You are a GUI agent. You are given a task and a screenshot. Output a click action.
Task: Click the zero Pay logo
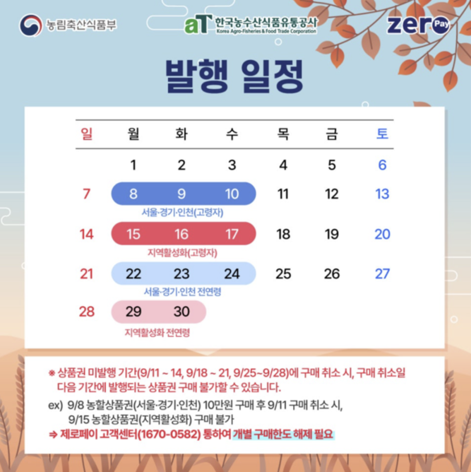[x=418, y=25]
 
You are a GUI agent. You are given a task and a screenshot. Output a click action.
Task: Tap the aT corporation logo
[x=250, y=24]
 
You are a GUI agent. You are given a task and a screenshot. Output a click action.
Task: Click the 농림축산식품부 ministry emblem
[x=31, y=25]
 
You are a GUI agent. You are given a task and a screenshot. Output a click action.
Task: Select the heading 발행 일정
[x=234, y=76]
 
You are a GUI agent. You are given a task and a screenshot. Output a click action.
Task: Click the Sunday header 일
[x=86, y=134]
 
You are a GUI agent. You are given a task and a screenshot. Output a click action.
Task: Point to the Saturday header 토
[x=382, y=134]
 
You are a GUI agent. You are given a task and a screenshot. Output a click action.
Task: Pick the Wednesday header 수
[x=232, y=134]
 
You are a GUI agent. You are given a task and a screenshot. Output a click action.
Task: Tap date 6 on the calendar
[x=382, y=165]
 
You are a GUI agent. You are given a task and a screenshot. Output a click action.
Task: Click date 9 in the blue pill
[x=181, y=194]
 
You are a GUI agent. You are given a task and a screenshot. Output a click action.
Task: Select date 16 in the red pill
[x=181, y=234]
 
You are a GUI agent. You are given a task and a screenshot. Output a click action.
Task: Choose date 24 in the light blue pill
[x=232, y=274]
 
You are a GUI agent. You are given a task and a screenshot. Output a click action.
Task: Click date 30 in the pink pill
[x=181, y=312]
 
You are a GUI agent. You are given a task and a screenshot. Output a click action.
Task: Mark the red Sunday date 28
[x=87, y=312]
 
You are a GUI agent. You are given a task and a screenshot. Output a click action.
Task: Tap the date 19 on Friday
[x=332, y=234]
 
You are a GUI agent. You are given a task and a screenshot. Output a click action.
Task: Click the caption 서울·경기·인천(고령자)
[x=183, y=212]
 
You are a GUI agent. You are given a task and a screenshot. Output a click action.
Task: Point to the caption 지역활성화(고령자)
[x=182, y=253]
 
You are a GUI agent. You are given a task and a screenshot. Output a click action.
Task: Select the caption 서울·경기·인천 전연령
[x=182, y=292]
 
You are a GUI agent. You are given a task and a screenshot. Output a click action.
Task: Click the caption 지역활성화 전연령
[x=157, y=333]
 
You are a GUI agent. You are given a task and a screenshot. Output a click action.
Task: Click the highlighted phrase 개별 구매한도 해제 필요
[x=283, y=434]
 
